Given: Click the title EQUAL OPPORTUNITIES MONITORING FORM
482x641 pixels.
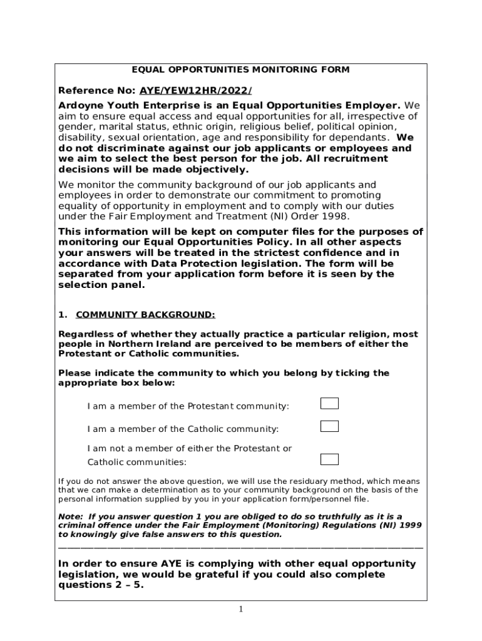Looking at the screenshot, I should pyautogui.click(x=240, y=69).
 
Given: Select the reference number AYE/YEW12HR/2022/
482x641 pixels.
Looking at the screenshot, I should pyautogui.click(x=196, y=90).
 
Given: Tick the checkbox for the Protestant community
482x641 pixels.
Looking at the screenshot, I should pyautogui.click(x=329, y=403).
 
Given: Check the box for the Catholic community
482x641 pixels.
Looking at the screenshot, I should pyautogui.click(x=329, y=426).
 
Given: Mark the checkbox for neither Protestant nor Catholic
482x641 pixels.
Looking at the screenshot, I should pyautogui.click(x=329, y=459).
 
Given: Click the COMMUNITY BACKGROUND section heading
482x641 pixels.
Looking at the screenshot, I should pyautogui.click(x=145, y=314).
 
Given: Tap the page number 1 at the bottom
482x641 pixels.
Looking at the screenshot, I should pyautogui.click(x=240, y=610).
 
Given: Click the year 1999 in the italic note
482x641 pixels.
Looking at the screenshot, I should pyautogui.click(x=408, y=525).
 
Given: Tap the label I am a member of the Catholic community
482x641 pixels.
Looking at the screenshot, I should pyautogui.click(x=183, y=429).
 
